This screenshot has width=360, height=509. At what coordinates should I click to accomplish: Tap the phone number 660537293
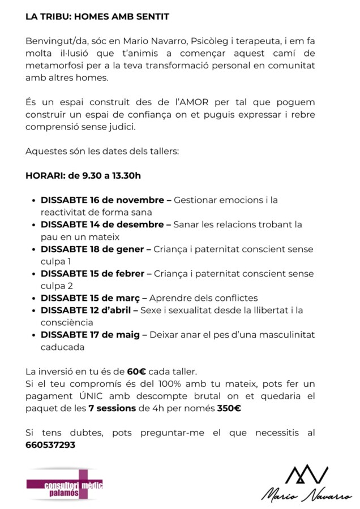coord(50,445)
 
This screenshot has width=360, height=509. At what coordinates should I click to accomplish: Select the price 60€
coord(136,372)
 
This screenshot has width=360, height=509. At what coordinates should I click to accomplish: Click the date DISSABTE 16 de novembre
coord(105,200)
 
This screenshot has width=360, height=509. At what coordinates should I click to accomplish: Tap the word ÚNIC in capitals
coord(85,396)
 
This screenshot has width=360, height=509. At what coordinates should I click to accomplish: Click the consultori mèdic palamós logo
coord(65,485)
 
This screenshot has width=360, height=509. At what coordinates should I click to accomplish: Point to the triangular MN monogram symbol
coord(306,473)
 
